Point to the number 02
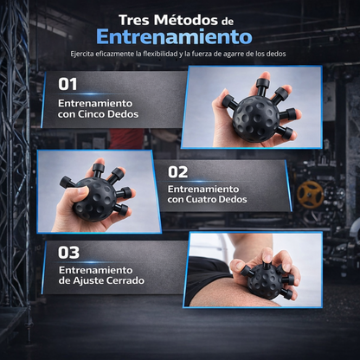pos(178,171)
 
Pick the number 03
pos(69,254)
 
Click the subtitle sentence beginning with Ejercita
pos(179,55)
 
